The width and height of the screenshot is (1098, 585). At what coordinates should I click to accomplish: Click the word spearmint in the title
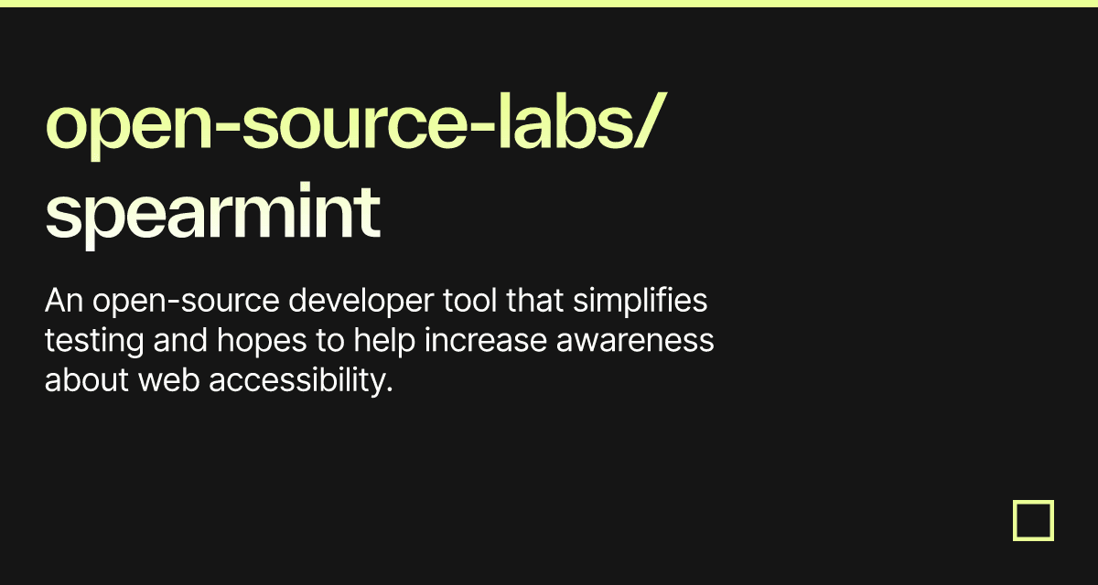pos(212,215)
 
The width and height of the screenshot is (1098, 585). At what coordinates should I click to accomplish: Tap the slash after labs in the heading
pos(649,121)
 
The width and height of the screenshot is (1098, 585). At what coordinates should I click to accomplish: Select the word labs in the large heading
pos(564,121)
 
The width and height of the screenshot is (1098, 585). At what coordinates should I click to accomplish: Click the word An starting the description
pos(64,300)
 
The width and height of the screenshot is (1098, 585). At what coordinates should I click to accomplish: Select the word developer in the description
pos(361,302)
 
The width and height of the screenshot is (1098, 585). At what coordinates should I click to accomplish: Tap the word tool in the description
pos(470,300)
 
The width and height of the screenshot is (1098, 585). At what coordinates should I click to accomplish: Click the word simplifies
pos(640,302)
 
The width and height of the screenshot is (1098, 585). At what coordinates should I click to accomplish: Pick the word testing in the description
pos(94,341)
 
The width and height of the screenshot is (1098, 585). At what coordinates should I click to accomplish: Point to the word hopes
pos(262,341)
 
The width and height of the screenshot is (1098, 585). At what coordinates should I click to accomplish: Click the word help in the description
pos(384,341)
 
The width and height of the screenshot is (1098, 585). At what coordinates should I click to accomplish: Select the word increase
pos(485,340)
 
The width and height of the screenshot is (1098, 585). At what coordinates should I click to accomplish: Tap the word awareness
pos(635,341)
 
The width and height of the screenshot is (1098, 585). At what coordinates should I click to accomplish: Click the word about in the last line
pos(87,380)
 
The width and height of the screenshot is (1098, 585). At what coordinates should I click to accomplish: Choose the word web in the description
pos(169,380)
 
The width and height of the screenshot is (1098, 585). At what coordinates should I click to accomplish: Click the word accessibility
pos(301,381)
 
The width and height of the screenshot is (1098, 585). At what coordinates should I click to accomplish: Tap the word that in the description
pos(534,300)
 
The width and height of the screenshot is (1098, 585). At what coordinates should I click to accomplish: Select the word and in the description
pos(180,340)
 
